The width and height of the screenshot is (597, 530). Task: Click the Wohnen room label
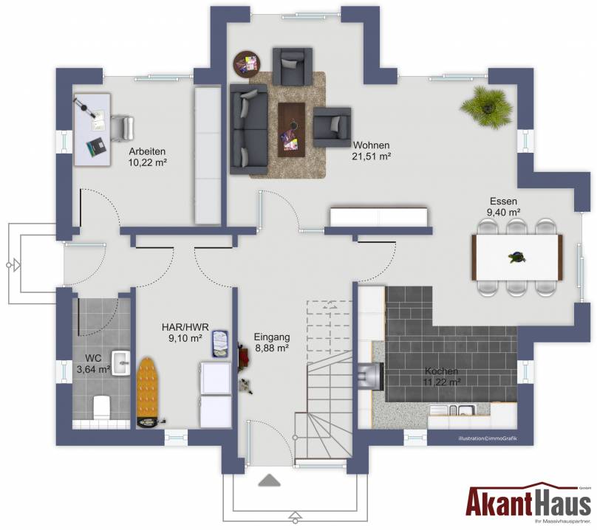click(371, 145)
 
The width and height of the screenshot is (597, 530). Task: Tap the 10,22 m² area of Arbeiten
click(148, 162)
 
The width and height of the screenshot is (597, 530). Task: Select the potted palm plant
click(486, 107)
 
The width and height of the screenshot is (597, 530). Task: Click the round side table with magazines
click(247, 63)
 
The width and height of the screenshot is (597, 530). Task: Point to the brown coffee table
click(292, 129)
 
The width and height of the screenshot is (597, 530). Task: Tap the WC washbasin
click(121, 363)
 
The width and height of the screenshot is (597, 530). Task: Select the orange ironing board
click(147, 392)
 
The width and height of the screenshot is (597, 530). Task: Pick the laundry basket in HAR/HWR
click(220, 343)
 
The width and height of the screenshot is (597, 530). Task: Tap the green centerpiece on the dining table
click(517, 258)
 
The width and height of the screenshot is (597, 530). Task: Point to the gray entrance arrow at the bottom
click(270, 480)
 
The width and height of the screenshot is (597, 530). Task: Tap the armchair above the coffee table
click(293, 66)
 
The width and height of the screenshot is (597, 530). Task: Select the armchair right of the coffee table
click(332, 127)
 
